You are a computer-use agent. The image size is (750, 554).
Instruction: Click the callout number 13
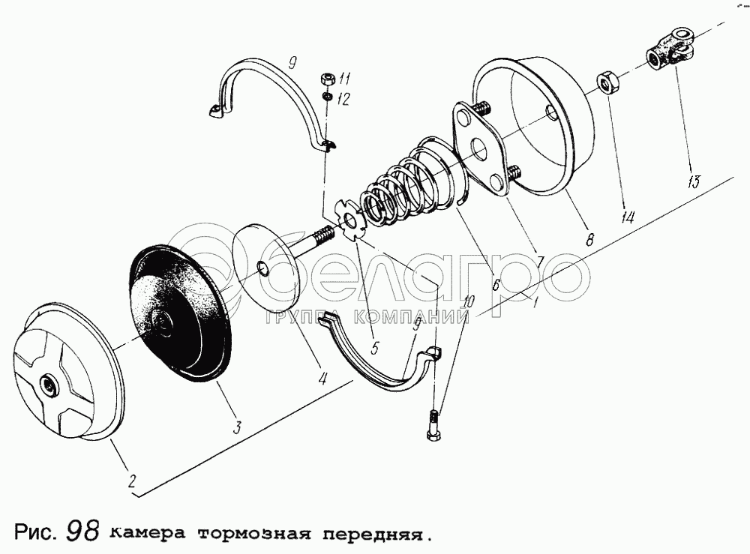tap(694, 181)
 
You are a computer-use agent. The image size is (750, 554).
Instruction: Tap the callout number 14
tap(628, 217)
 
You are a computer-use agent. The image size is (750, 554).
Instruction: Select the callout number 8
tap(590, 239)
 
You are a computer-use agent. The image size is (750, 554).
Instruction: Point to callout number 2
tap(132, 480)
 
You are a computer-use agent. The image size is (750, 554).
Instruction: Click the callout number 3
tap(237, 427)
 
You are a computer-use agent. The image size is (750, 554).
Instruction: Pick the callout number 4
tap(322, 379)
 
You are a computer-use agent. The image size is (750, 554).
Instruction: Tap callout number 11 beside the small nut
tap(344, 79)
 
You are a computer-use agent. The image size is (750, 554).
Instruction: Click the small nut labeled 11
tap(328, 77)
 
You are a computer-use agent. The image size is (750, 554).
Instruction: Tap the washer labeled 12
tap(327, 97)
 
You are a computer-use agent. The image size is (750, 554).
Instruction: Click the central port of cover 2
tap(48, 383)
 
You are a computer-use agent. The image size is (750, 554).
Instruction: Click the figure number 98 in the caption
tap(83, 531)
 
